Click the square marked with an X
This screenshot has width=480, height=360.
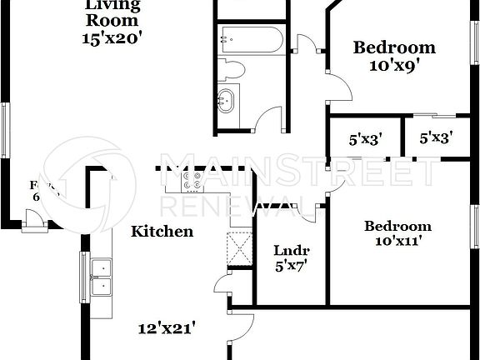click(239, 249)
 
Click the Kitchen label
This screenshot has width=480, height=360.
click(162, 232)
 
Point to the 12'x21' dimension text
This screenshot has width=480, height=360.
click(167, 327)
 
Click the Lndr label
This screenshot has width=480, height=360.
click(292, 251)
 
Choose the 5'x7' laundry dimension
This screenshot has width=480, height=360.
click(292, 267)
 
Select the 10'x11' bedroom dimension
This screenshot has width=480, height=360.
click(397, 242)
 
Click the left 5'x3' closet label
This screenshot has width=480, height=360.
click(365, 139)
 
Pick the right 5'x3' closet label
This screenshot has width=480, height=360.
click(436, 139)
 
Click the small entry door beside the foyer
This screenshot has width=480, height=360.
click(35, 222)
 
